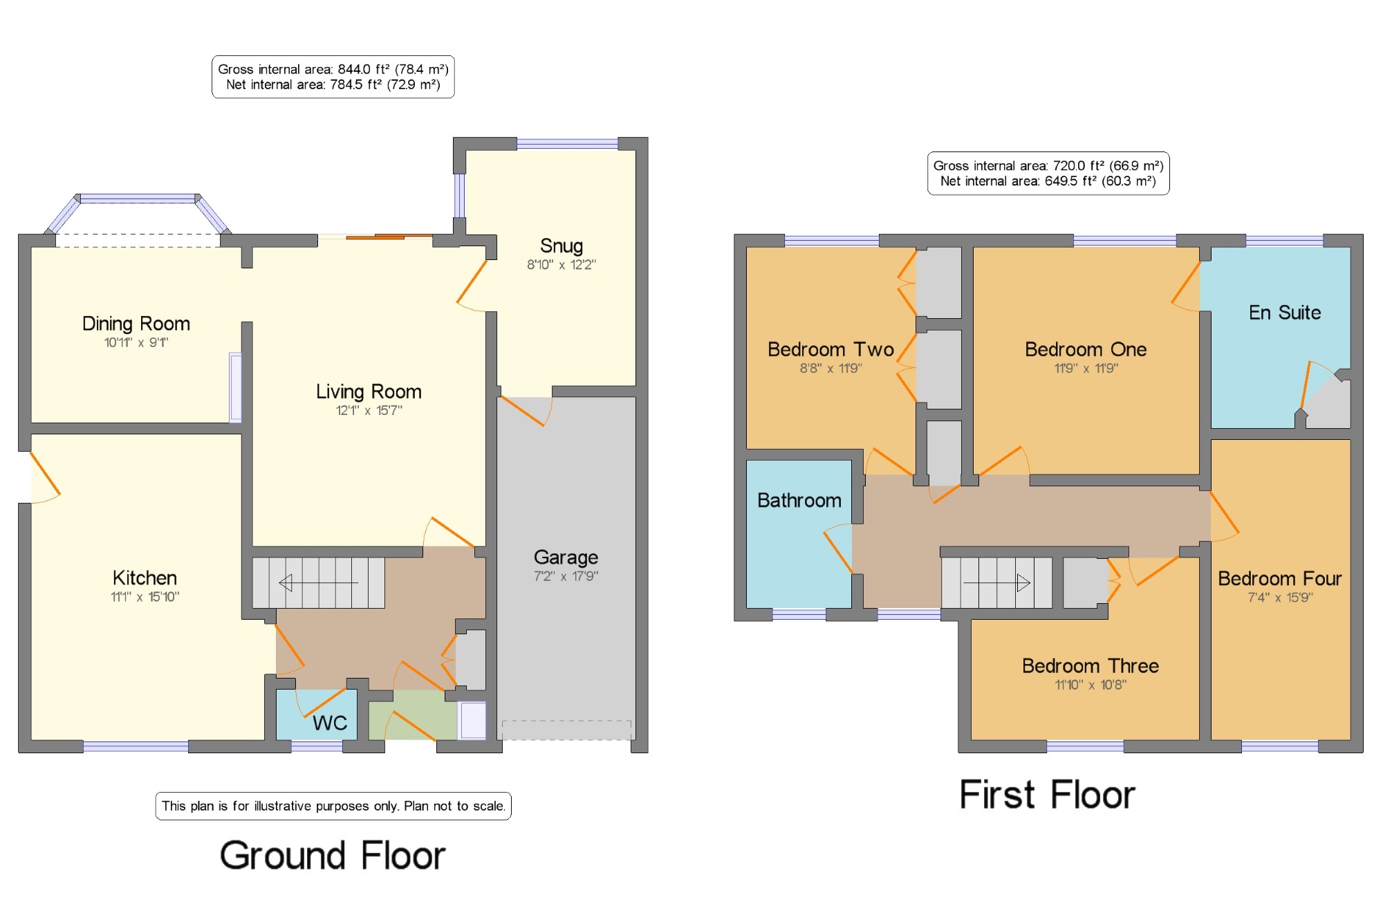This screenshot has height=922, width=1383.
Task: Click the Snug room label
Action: (561, 246)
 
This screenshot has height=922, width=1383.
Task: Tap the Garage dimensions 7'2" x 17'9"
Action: (566, 575)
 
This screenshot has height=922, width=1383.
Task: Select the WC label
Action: (330, 723)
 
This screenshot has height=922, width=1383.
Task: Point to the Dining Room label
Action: (136, 323)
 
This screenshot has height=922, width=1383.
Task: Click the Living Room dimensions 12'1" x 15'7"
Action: (369, 410)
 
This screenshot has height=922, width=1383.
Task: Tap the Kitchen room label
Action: (145, 578)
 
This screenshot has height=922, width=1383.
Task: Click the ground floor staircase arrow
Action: (318, 583)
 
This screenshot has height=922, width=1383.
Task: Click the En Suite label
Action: (1285, 313)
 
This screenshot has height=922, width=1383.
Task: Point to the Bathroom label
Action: (799, 500)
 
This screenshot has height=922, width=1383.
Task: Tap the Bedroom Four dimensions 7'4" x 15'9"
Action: (1280, 597)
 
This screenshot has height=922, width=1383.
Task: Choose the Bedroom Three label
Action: (1090, 665)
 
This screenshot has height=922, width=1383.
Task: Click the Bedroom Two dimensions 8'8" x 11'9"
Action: (830, 368)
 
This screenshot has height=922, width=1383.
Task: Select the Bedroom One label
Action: (1086, 349)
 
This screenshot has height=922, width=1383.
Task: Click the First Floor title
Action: (1047, 794)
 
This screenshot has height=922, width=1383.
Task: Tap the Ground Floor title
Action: (333, 856)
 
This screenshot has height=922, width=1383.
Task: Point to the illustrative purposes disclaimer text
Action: (333, 806)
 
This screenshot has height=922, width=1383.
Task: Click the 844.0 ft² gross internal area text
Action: (333, 69)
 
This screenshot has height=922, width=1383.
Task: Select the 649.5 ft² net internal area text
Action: (1048, 181)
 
